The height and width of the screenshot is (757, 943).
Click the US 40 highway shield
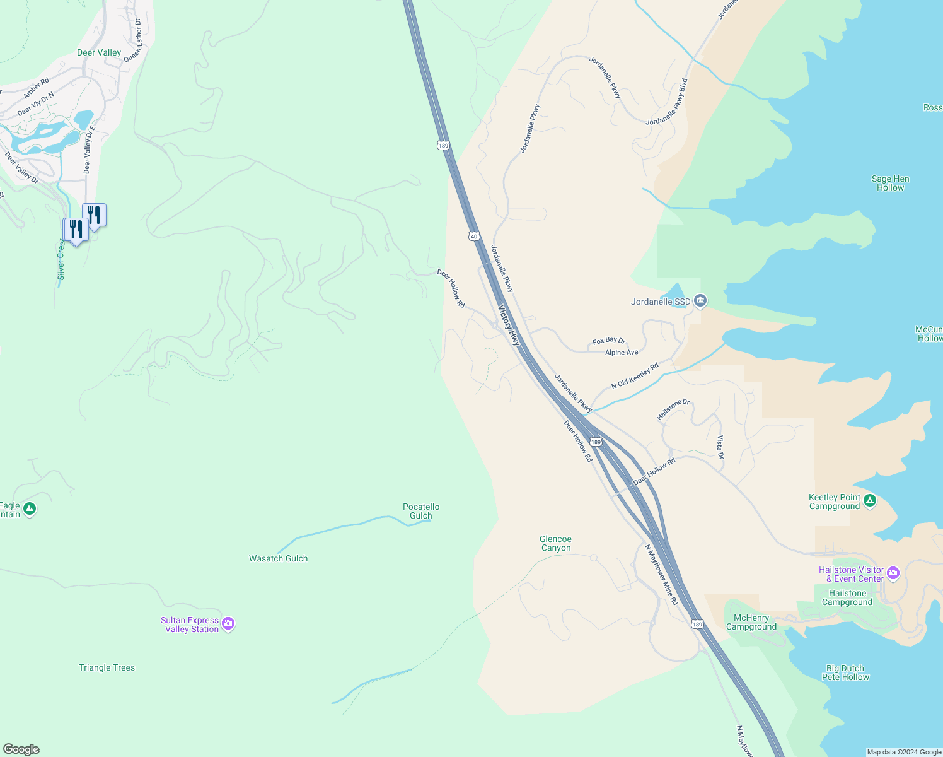(473, 235)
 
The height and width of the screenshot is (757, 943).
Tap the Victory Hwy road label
(509, 326)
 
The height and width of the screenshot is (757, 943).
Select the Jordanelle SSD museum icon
(700, 302)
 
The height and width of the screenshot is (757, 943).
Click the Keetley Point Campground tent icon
(870, 501)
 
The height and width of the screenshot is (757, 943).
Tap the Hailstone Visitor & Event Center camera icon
(893, 573)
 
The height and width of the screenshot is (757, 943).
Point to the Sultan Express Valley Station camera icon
(228, 624)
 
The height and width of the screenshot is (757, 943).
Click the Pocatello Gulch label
(421, 511)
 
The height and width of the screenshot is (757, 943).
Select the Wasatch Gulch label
(278, 558)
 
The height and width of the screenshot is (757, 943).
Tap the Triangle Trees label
(107, 667)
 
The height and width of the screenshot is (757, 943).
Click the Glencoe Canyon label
(555, 543)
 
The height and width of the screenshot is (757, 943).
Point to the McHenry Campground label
(751, 622)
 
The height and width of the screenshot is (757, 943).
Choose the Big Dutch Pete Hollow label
(845, 672)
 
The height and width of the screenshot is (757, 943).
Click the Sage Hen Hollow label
(890, 183)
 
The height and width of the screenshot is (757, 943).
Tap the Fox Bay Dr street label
(609, 341)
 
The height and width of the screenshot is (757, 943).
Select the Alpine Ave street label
(622, 353)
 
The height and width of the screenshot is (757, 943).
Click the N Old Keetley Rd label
(635, 375)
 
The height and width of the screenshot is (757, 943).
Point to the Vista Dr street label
(720, 447)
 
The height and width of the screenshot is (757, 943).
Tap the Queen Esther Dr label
(133, 40)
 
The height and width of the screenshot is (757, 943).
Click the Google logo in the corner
(21, 749)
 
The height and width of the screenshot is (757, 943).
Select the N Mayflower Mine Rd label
(661, 575)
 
